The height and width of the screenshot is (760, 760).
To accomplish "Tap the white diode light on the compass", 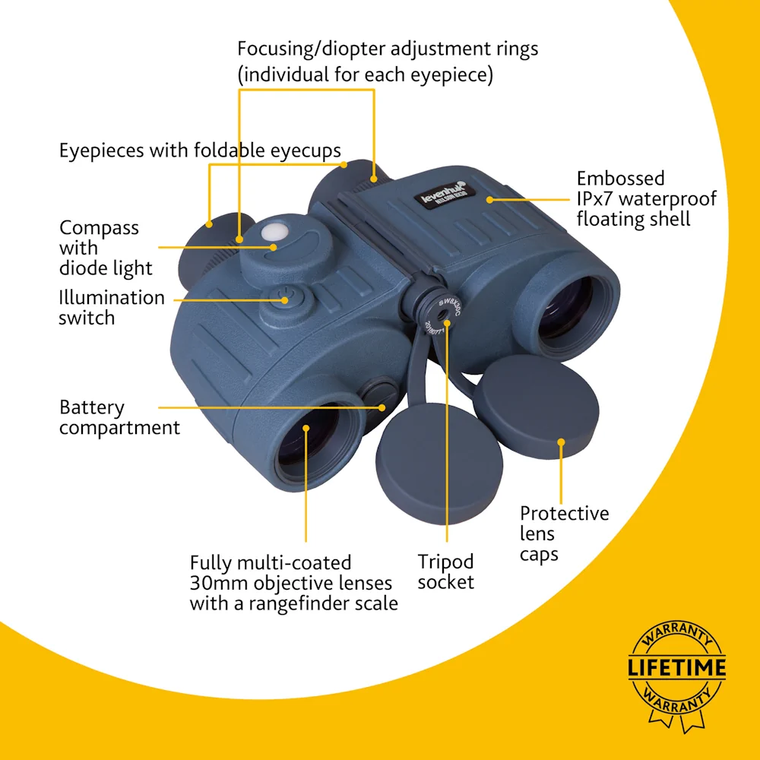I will [x=272, y=231].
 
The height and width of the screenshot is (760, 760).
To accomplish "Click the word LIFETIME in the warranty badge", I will [x=676, y=669].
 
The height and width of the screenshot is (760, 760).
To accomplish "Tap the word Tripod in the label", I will [x=445, y=562].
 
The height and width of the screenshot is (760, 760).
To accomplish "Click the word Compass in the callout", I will [x=100, y=228].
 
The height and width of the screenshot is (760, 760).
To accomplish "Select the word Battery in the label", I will [x=92, y=407].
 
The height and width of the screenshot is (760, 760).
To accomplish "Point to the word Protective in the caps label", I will [x=565, y=514].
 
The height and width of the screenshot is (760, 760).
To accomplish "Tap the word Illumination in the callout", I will [x=112, y=297].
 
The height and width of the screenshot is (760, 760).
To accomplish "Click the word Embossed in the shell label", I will [x=620, y=179].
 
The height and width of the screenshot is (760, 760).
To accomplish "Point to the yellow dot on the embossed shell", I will [x=490, y=200].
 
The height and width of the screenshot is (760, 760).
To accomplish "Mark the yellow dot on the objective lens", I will [x=306, y=428].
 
